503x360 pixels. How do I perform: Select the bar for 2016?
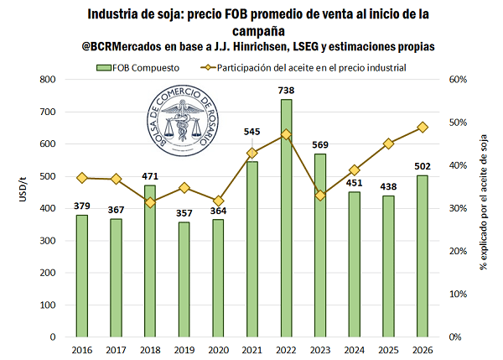point(81,276)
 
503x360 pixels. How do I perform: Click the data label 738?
point(287,90)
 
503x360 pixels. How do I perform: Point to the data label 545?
point(252,131)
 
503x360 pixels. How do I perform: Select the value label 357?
point(184,212)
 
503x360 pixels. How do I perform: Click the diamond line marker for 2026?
point(423,127)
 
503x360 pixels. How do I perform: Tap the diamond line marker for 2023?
point(320,196)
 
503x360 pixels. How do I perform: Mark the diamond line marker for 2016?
point(81,178)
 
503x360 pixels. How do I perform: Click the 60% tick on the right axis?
point(458,80)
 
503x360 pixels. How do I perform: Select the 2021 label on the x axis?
point(252,349)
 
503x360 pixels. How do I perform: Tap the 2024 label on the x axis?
point(355,349)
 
